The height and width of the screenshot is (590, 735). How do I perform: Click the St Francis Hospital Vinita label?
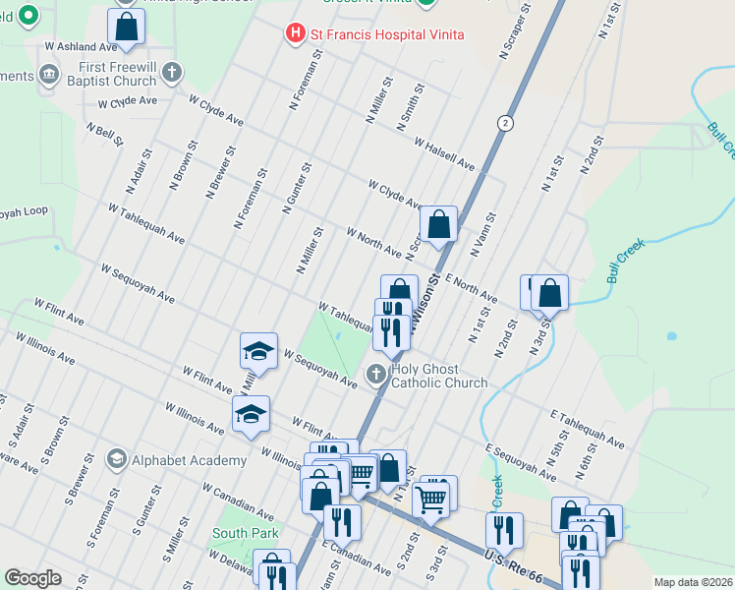[386, 34]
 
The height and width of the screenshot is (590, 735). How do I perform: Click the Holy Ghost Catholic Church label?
[439, 376]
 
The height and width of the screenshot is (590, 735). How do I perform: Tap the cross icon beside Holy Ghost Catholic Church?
[375, 374]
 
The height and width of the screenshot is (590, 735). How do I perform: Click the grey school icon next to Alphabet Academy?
[116, 459]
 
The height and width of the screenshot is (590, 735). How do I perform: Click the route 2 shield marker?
[505, 122]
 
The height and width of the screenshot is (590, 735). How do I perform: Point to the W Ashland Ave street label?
[81, 46]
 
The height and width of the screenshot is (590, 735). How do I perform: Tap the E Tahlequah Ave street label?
[588, 430]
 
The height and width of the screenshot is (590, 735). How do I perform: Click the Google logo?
[32, 578]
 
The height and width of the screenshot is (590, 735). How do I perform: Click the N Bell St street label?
[104, 135]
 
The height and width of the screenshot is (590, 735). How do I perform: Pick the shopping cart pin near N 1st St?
[430, 501]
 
